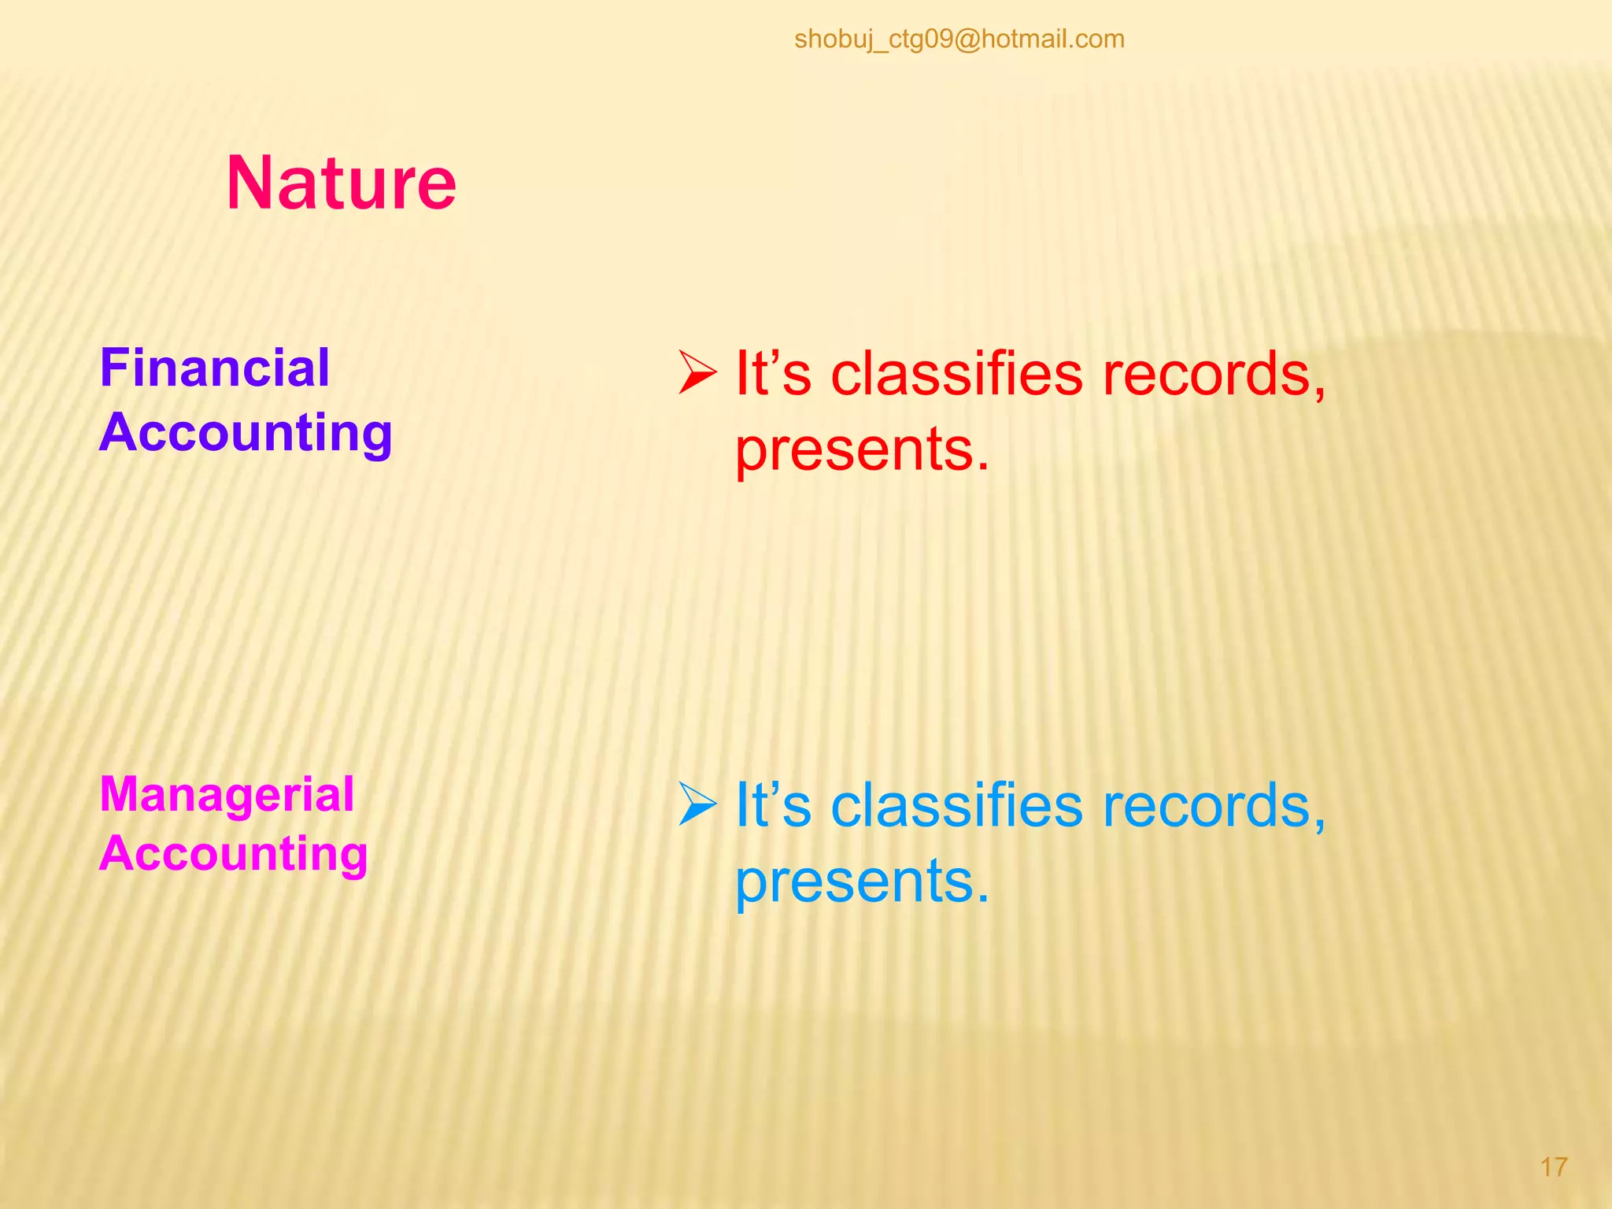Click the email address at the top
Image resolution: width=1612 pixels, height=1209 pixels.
(x=959, y=39)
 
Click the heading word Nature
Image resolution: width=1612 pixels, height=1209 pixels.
(x=341, y=183)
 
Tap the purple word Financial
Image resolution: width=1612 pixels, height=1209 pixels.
(x=214, y=368)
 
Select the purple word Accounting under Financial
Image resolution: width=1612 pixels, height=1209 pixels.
(x=246, y=433)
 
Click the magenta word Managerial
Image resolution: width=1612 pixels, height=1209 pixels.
(x=227, y=794)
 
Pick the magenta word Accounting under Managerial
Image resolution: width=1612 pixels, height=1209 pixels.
(x=234, y=854)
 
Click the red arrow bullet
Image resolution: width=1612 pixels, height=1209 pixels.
(x=697, y=373)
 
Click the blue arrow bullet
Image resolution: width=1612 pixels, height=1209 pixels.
(x=697, y=804)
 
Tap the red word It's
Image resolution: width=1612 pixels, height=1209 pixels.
(x=772, y=373)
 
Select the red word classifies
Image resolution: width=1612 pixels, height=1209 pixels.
(x=956, y=373)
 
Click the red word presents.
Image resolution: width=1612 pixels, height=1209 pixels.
(x=861, y=449)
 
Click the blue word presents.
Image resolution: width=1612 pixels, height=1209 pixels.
(x=861, y=881)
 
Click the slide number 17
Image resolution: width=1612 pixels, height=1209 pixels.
(x=1553, y=1166)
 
